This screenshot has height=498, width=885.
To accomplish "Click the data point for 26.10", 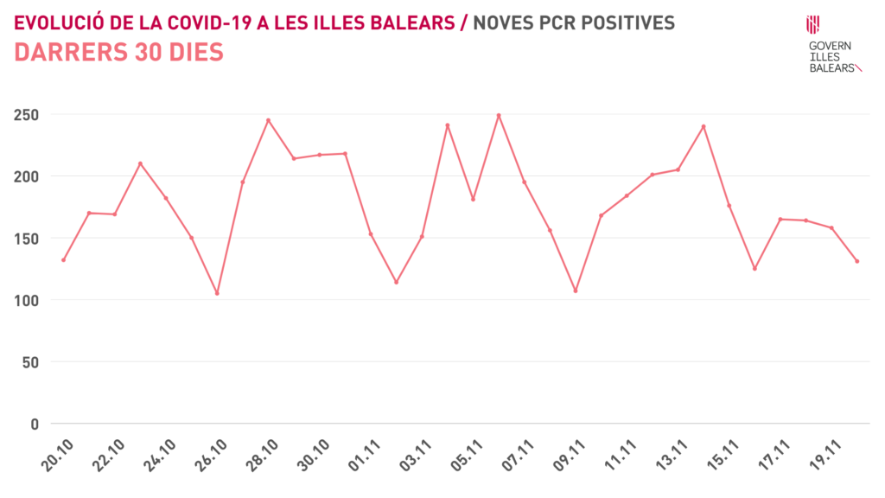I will tap(217, 293).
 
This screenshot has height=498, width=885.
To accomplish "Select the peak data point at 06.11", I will tap(499, 115).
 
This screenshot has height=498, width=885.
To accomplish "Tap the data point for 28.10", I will tap(268, 120).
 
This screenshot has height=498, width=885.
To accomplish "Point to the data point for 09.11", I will tap(576, 290).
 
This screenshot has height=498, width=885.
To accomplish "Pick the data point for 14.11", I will tap(704, 126).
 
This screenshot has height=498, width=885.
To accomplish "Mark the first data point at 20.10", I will tap(63, 260).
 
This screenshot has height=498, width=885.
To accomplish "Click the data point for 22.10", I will tap(140, 163).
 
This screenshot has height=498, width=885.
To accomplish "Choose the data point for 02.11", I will tap(396, 282).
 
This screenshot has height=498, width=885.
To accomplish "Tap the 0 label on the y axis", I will tap(35, 425).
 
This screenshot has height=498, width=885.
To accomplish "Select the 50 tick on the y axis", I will tap(31, 362).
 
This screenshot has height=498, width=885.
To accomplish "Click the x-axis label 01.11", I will tap(364, 456).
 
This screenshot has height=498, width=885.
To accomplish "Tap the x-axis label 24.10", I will tap(159, 456).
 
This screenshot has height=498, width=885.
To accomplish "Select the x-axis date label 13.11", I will tap(671, 456).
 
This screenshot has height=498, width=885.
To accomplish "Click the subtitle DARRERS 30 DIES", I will tap(119, 53).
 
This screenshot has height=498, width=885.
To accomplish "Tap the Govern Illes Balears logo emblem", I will tap(812, 24).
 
